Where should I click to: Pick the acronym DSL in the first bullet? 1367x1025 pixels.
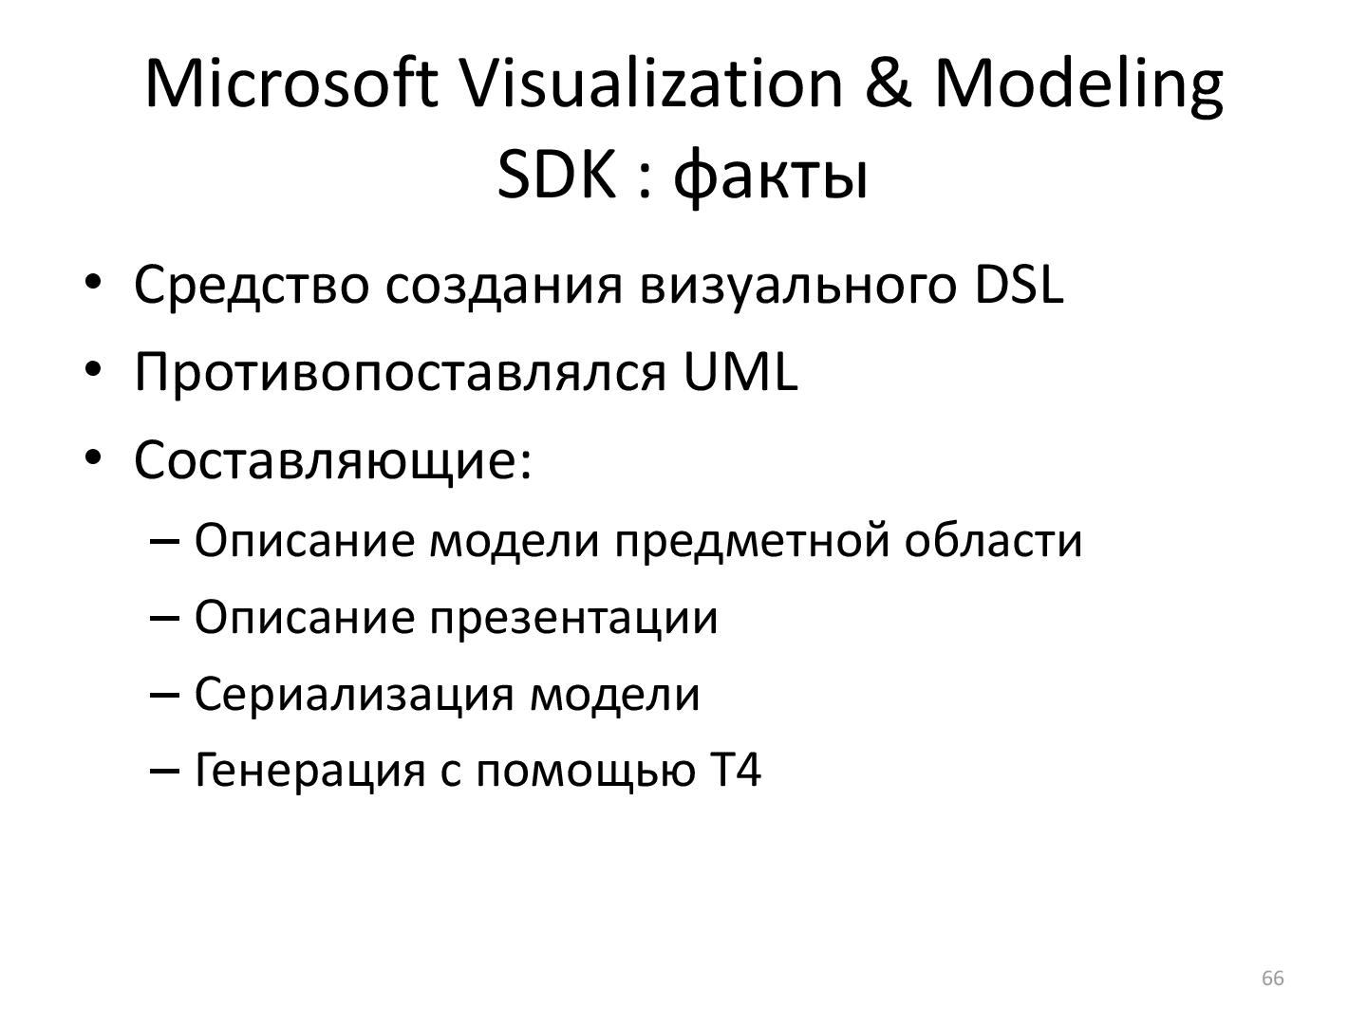1019,285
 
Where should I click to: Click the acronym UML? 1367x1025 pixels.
740,372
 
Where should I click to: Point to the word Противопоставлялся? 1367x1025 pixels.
401,372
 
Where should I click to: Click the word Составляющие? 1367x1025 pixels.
326,461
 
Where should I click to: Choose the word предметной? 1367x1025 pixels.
754,541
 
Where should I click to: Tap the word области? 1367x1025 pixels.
993,541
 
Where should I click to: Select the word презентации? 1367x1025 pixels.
574,619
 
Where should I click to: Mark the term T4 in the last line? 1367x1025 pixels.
736,770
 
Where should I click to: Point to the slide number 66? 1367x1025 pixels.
1272,978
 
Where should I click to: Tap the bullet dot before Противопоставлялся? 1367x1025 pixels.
93,369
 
